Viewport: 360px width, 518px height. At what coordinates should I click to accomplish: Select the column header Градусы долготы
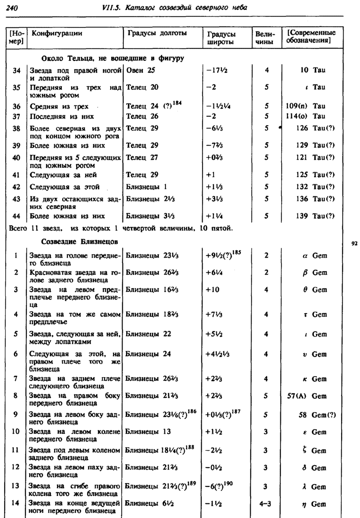[x=157, y=33]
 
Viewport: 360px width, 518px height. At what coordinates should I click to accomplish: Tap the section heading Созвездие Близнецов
[x=80, y=242]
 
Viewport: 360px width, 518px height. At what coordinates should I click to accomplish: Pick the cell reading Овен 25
[x=140, y=70]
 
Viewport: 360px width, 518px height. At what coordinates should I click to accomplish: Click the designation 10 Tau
[x=313, y=70]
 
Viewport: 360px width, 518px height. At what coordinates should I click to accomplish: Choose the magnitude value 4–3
[x=266, y=504]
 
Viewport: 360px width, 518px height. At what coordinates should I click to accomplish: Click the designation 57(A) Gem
[x=307, y=396]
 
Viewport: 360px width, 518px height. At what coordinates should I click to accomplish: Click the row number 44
[x=17, y=216]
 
